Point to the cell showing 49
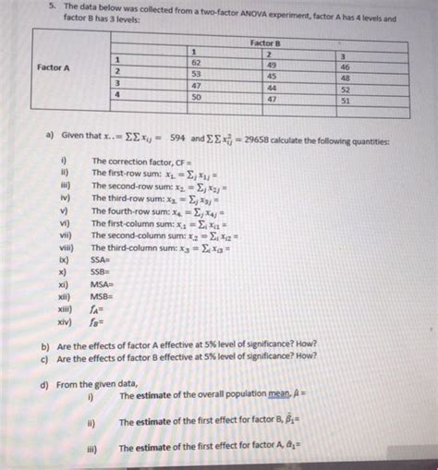point(271,65)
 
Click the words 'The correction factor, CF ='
point(142,161)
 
